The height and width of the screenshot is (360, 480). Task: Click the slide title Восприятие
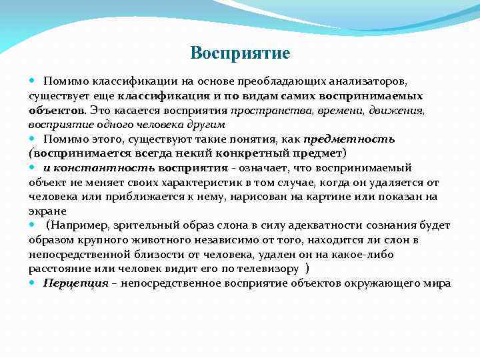240,53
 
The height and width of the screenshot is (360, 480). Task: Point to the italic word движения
399,110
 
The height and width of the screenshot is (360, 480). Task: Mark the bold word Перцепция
76,283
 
